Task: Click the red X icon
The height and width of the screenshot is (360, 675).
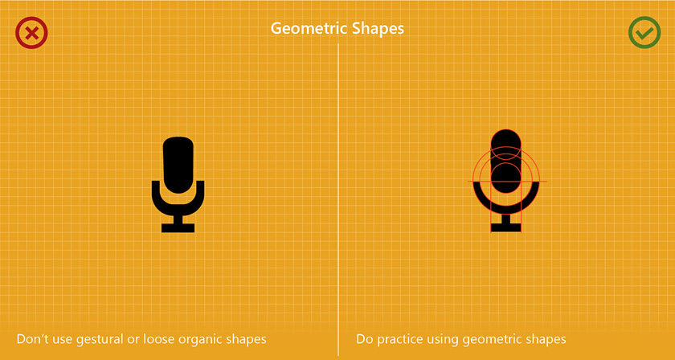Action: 31,33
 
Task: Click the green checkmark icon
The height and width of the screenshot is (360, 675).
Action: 644,33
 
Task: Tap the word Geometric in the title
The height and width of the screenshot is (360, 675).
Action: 309,29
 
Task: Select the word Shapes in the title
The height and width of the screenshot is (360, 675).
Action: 378,29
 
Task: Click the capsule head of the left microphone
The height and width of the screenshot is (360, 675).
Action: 178,165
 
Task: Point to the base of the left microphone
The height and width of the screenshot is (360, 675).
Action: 178,227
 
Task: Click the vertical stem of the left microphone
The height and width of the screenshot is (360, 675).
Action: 178,219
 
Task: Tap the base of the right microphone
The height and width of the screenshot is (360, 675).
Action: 505,227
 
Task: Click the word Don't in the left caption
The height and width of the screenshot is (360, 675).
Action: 32,339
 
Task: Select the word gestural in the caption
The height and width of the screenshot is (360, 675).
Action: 100,340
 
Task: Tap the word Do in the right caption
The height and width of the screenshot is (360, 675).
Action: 365,339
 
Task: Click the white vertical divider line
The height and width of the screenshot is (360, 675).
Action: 338,199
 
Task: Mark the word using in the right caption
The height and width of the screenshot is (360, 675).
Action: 444,340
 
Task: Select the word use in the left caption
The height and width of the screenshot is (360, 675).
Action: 63,340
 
